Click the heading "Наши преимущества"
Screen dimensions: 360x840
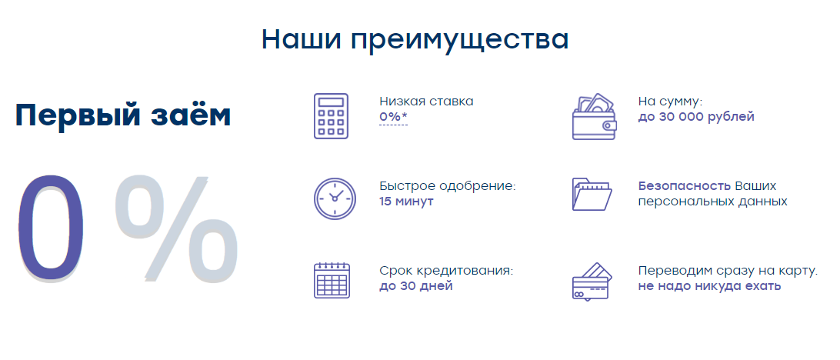(x=415, y=39)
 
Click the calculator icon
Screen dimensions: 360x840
(x=331, y=116)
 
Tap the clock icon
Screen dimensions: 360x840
(x=334, y=198)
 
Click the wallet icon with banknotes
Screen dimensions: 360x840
(x=594, y=117)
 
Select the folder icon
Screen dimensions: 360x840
(x=592, y=194)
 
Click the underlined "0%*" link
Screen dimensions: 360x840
(x=393, y=117)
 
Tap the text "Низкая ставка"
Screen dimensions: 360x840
(x=426, y=101)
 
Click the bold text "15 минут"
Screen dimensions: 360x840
(x=406, y=202)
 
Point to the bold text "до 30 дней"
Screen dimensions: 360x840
(x=416, y=286)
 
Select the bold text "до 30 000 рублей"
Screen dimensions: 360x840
(x=696, y=117)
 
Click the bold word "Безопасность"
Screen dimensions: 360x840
(x=684, y=186)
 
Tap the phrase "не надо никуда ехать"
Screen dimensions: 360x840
(x=709, y=286)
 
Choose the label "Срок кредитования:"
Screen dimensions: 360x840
(x=446, y=271)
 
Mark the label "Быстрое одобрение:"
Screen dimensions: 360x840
(x=448, y=186)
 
